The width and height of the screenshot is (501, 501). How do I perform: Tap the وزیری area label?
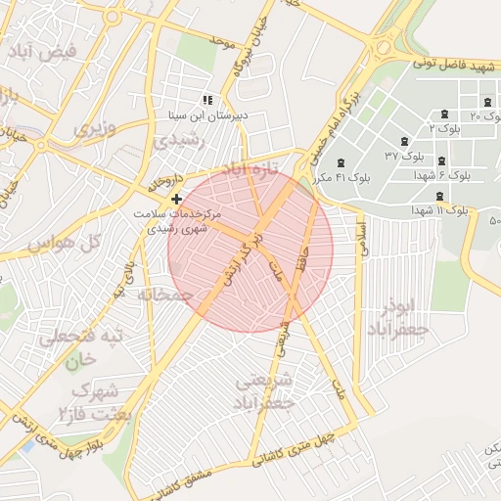point(95,128)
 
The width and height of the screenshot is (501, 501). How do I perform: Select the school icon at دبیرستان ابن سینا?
point(206,101)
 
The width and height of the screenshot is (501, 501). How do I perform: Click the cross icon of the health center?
point(176,199)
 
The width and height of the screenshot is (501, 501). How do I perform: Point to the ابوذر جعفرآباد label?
point(397,317)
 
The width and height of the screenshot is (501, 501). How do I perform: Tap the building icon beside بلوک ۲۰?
point(487,103)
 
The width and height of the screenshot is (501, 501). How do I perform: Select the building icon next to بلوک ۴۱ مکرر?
point(341,162)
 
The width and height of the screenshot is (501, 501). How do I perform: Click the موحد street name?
point(222,42)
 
